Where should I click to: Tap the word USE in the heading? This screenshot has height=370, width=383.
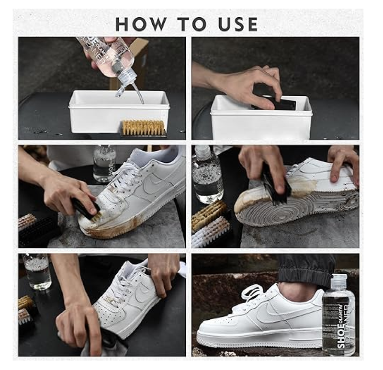pyautogui.click(x=236, y=24)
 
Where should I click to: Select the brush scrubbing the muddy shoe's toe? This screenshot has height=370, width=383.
pyautogui.click(x=86, y=208)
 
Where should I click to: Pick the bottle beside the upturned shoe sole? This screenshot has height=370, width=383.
pyautogui.click(x=207, y=175)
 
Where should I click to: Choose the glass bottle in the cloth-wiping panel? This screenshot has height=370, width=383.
pyautogui.click(x=38, y=271)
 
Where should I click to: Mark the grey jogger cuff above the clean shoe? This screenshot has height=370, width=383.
pyautogui.click(x=306, y=270)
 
